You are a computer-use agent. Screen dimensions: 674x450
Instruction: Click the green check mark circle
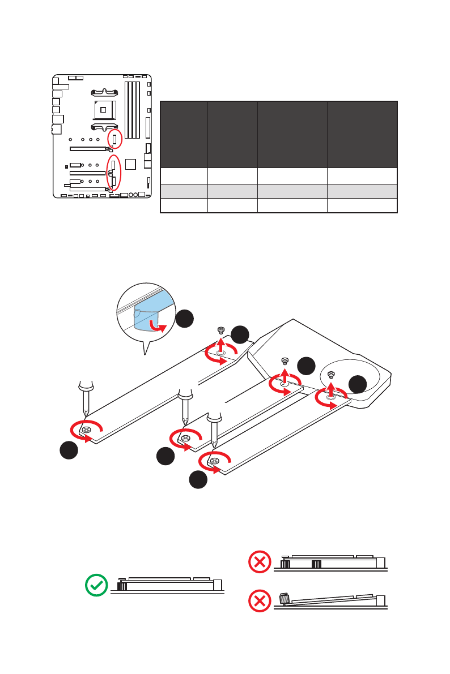pos(96,585)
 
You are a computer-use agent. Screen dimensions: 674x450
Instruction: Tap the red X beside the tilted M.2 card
pos(260,602)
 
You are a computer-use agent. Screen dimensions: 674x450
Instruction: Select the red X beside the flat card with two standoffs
pos(260,562)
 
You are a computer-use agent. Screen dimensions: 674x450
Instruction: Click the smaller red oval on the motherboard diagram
pos(114,139)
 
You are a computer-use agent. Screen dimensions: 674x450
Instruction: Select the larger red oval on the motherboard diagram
pos(114,173)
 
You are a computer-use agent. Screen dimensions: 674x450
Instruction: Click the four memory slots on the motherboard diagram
pos(132,110)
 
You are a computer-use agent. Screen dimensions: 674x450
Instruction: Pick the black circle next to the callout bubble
pos(184,319)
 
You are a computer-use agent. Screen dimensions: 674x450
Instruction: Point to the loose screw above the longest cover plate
pos(221,329)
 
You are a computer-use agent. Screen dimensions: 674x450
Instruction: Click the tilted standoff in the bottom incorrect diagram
pos(285,598)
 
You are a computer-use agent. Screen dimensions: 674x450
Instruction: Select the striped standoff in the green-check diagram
pos(121,586)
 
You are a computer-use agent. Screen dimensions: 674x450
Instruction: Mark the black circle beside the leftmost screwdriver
pos(69,452)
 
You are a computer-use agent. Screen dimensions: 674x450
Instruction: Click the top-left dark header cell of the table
pos(184,134)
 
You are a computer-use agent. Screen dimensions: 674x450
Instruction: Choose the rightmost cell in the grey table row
pos(362,191)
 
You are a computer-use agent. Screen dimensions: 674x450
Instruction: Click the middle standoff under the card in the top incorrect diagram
pos(316,564)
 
